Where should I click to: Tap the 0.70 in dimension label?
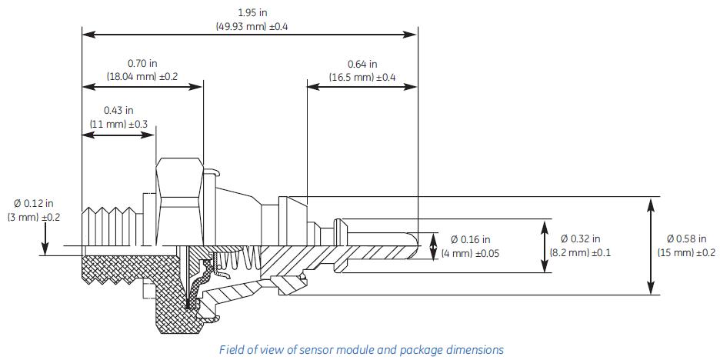142,64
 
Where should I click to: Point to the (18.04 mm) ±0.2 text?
142,77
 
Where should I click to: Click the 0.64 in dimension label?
362,64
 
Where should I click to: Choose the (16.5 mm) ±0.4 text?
362,77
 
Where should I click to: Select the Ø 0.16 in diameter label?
470,240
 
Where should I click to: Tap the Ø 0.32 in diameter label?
581,239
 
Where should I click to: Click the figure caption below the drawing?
362,349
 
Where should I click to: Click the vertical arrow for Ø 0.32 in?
545,246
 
